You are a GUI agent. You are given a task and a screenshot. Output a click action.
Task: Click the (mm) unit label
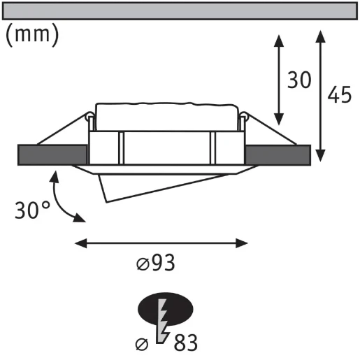pyautogui.click(x=32, y=35)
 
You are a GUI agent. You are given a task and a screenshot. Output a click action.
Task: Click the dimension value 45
pyautogui.click(x=339, y=94)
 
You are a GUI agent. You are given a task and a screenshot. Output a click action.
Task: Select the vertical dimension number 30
pyautogui.click(x=299, y=80)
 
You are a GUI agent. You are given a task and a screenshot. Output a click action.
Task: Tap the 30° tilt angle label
pyautogui.click(x=32, y=210)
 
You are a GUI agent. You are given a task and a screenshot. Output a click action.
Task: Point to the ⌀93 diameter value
pyautogui.click(x=155, y=263)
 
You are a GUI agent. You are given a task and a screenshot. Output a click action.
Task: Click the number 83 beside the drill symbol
pyautogui.click(x=186, y=343)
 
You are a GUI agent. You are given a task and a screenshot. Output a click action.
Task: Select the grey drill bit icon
pyautogui.click(x=162, y=321)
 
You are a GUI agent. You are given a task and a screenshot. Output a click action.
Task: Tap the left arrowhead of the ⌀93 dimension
pyautogui.click(x=81, y=243)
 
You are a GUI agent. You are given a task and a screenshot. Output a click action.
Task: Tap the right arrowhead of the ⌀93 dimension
pyautogui.click(x=242, y=243)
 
